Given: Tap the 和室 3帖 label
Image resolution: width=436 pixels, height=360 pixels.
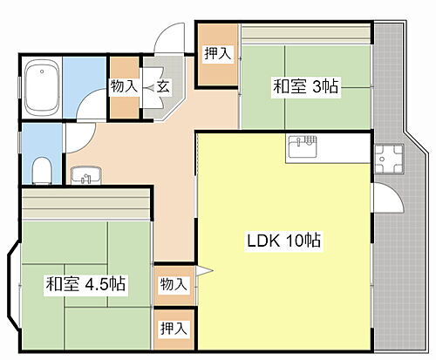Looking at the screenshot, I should (x=306, y=86).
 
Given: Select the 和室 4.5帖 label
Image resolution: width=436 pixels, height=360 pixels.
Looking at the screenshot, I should (x=85, y=283).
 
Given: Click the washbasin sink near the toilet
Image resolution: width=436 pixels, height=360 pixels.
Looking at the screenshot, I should (x=84, y=175).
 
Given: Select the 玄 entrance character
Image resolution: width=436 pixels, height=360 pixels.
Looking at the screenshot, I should (x=162, y=86).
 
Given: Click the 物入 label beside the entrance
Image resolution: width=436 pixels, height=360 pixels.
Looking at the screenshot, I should (x=123, y=86).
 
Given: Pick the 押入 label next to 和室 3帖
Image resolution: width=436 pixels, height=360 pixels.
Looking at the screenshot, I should (x=217, y=54).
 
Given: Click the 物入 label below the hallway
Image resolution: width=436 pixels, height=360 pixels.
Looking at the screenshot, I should (x=173, y=284).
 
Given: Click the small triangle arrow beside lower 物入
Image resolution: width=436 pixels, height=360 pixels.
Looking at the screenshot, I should (x=201, y=273).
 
